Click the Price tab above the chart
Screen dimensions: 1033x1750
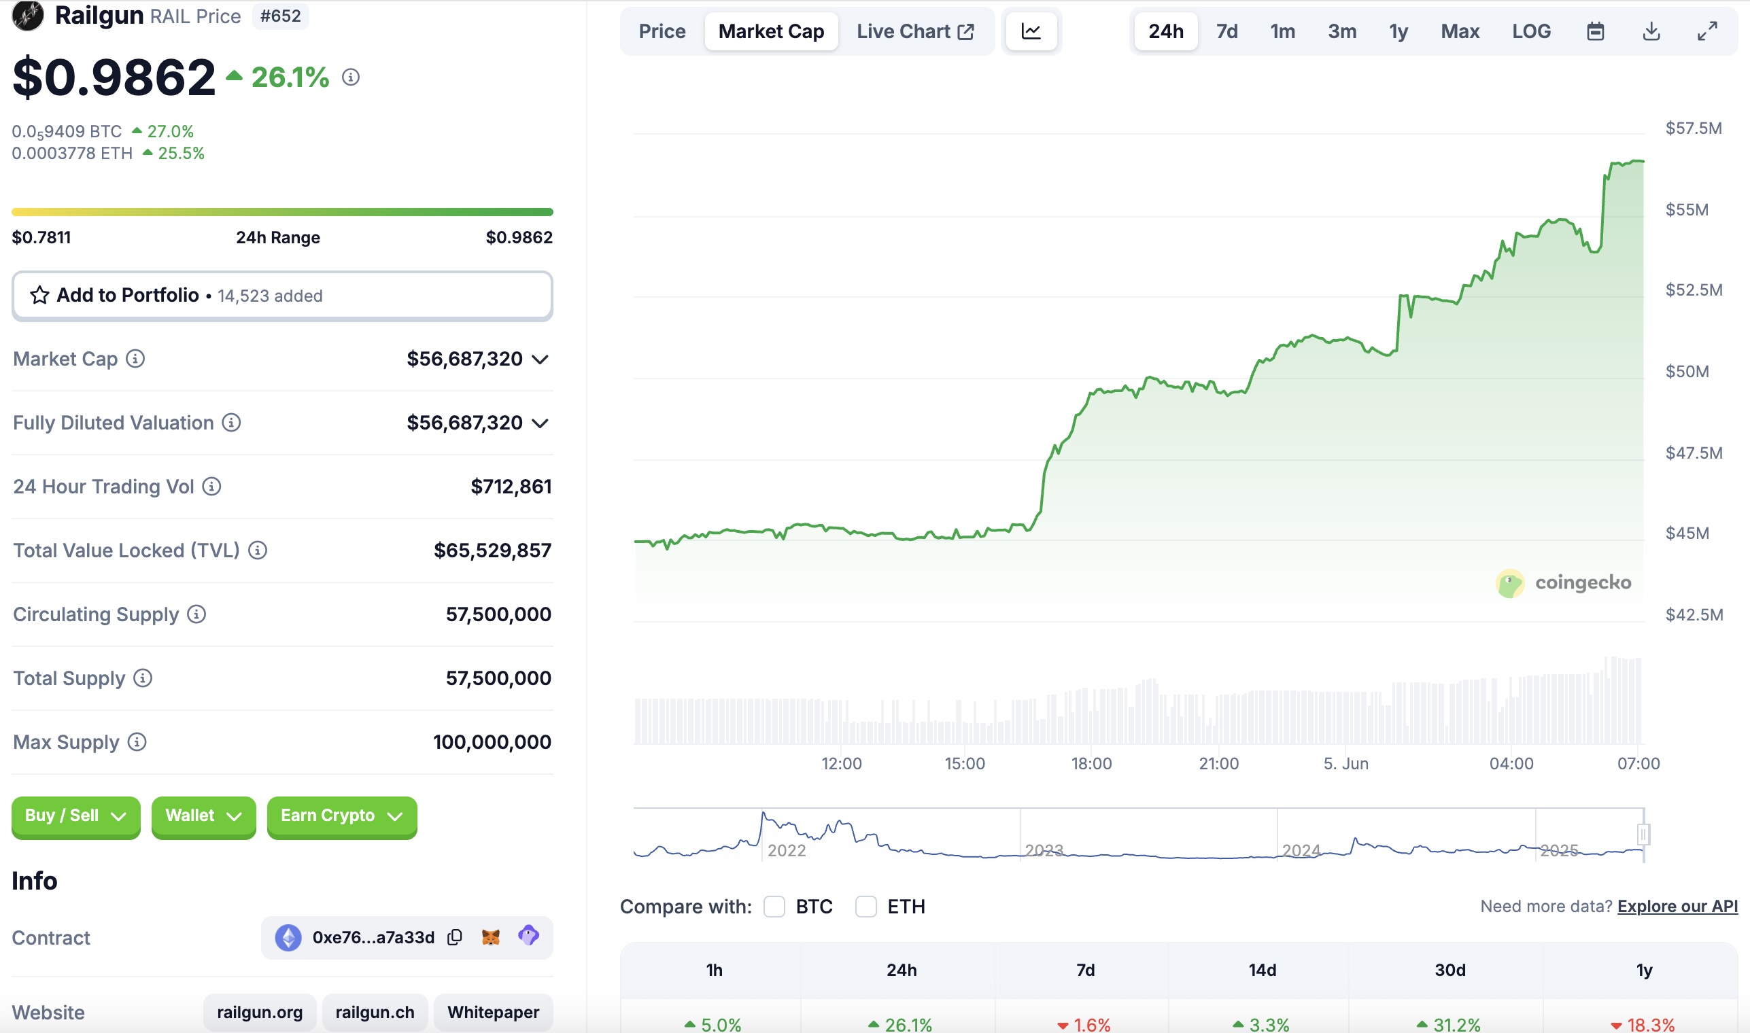(x=662, y=31)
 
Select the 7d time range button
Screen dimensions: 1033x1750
(x=1226, y=31)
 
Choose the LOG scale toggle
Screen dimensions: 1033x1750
(x=1530, y=31)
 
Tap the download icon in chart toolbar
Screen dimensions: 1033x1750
(x=1651, y=31)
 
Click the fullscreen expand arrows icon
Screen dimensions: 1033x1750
(x=1706, y=31)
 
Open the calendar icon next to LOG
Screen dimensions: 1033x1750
(x=1595, y=31)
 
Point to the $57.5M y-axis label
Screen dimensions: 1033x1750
(x=1693, y=128)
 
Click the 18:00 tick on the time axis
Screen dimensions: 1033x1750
(x=1091, y=764)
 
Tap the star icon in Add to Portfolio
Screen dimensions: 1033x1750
(x=39, y=295)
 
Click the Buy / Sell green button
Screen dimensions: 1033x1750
(x=75, y=816)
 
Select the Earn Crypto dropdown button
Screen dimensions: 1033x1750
(x=341, y=816)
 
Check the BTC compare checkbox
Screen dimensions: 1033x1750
(x=774, y=907)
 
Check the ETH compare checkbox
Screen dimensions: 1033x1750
(x=865, y=907)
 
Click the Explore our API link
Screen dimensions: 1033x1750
(x=1677, y=907)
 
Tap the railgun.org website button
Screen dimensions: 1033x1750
(x=260, y=1012)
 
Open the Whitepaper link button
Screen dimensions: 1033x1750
(x=493, y=1012)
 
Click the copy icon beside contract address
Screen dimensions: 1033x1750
(x=455, y=937)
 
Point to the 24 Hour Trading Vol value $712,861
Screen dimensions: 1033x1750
(x=511, y=487)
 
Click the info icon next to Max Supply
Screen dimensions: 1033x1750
(x=137, y=742)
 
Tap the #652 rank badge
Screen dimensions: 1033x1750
(x=280, y=16)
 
